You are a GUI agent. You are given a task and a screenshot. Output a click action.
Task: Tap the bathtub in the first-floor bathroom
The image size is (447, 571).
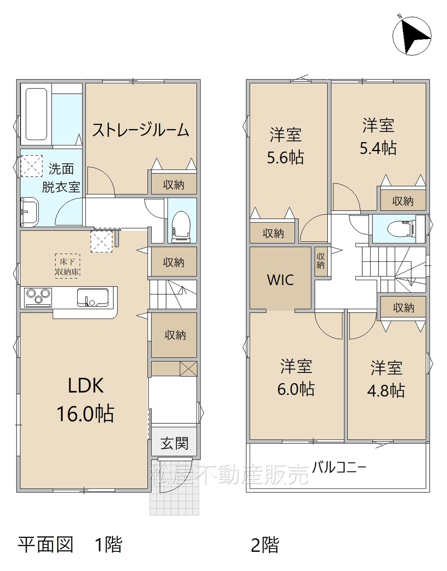(x=36, y=114)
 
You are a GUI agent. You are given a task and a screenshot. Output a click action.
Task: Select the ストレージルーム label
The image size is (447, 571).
(x=141, y=130)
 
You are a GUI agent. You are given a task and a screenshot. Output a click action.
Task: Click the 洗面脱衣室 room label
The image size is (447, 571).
(x=61, y=178)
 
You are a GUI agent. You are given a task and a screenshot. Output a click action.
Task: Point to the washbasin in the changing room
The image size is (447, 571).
(x=30, y=211)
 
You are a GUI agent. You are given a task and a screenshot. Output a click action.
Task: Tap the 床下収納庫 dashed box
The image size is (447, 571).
(x=67, y=266)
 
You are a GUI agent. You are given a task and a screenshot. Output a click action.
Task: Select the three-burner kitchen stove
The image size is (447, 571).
(x=38, y=297)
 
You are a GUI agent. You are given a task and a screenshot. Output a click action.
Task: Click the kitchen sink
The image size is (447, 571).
(x=93, y=298)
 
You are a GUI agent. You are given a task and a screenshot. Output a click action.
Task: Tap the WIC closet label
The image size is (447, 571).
(x=280, y=280)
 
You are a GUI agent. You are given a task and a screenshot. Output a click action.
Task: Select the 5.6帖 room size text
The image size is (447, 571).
(x=285, y=157)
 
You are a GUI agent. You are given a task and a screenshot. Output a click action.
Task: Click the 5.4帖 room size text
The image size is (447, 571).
(x=378, y=148)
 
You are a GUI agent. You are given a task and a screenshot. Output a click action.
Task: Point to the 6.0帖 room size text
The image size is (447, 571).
(x=296, y=389)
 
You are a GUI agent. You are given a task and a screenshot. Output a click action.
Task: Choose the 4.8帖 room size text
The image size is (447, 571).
(x=386, y=390)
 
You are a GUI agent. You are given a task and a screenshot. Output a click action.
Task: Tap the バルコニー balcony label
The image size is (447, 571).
(x=339, y=468)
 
